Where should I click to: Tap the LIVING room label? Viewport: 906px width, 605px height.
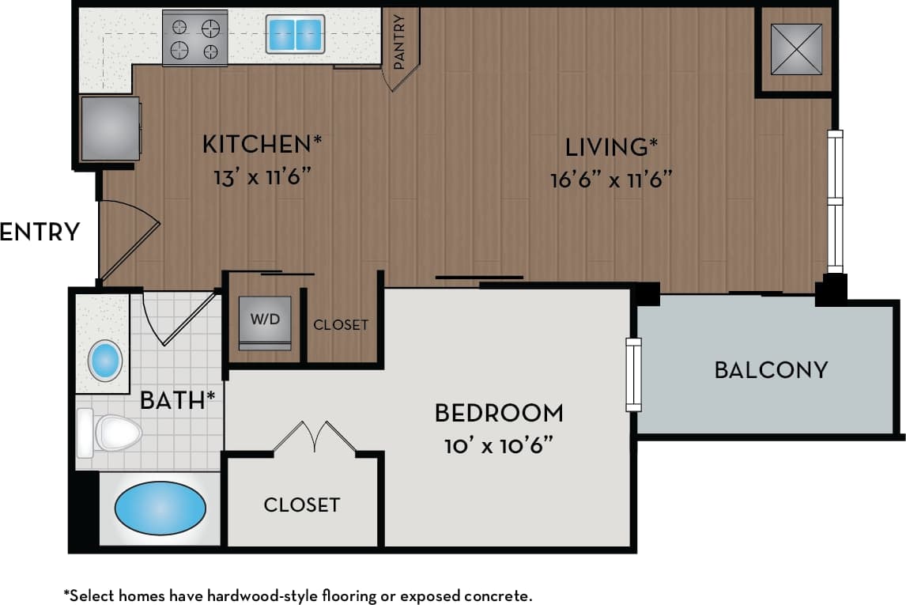[x=611, y=147]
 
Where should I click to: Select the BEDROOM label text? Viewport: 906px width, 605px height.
[x=499, y=413]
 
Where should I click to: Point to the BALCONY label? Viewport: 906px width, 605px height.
[x=771, y=369]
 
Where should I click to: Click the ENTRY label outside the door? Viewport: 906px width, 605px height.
[x=40, y=232]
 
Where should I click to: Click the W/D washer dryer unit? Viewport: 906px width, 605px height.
[x=264, y=320]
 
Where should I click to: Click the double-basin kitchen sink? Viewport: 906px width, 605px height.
[x=295, y=34]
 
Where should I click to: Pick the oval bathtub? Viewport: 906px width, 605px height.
[x=160, y=508]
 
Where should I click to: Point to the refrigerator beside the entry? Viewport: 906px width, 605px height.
[x=110, y=128]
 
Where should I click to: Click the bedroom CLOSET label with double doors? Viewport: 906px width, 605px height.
[x=301, y=505]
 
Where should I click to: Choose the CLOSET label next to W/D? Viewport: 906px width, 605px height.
[x=341, y=324]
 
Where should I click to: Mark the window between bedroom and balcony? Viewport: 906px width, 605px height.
[x=633, y=374]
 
